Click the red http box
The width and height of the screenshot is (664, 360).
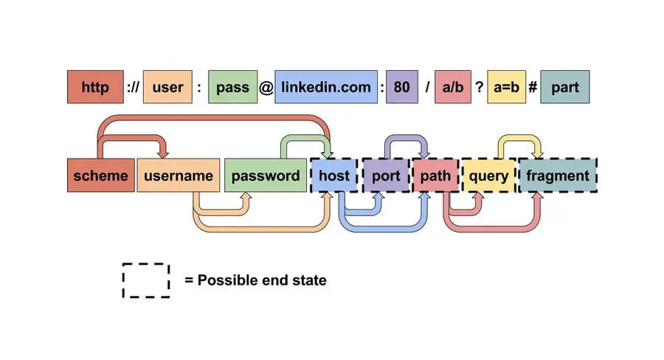(x=94, y=87)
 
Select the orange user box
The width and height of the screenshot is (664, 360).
(x=167, y=87)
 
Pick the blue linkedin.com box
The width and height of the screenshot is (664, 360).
(x=325, y=87)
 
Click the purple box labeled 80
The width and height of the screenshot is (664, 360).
(x=401, y=87)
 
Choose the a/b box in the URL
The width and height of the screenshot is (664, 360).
(x=452, y=87)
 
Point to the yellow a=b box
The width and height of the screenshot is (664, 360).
(x=506, y=87)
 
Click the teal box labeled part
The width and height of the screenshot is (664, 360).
(x=564, y=87)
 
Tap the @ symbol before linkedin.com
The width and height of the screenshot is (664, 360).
(x=265, y=88)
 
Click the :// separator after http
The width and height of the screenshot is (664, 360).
(x=133, y=88)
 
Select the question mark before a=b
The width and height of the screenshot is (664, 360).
(x=479, y=88)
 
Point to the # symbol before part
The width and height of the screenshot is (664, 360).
(x=532, y=88)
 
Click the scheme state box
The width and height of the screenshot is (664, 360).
(x=100, y=176)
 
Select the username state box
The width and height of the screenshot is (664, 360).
(x=179, y=176)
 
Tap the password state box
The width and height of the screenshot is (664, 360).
(x=266, y=176)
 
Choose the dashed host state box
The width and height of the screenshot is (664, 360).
(x=334, y=176)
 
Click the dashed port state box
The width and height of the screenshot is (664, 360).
(x=385, y=176)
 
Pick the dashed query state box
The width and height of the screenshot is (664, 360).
(x=488, y=176)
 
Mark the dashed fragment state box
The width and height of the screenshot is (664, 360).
(x=557, y=176)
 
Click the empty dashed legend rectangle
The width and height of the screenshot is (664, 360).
(x=146, y=280)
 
